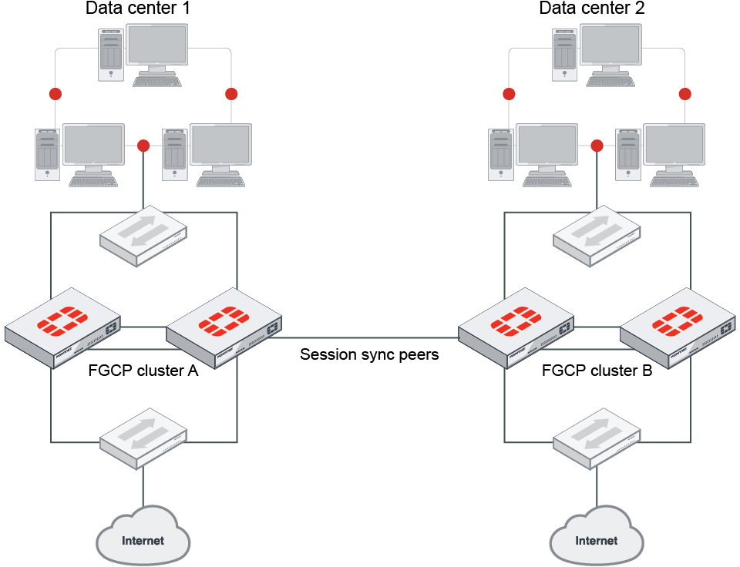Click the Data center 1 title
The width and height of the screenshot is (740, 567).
[x=138, y=9]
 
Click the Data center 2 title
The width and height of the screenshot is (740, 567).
[x=591, y=9]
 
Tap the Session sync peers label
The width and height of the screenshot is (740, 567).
[x=369, y=355]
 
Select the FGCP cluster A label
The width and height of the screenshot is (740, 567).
[x=143, y=371]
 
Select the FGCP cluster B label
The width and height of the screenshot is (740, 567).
[x=597, y=371]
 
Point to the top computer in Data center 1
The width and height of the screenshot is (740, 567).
[x=143, y=54]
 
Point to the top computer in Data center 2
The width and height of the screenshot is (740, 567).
[x=597, y=54]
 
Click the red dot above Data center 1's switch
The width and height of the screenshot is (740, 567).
[x=143, y=146]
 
